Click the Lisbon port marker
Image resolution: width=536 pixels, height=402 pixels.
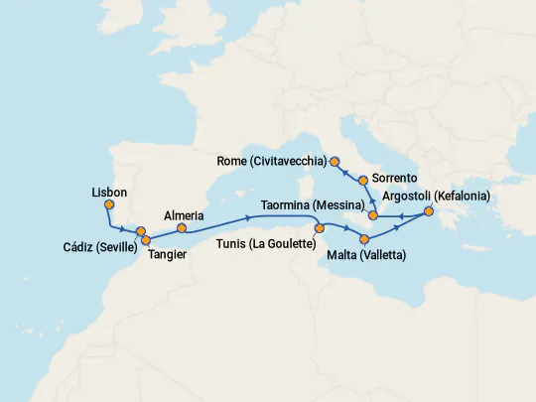click(x=109, y=204)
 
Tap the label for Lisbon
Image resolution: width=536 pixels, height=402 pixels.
click(x=108, y=192)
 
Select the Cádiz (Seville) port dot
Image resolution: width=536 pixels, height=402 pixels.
click(x=141, y=231)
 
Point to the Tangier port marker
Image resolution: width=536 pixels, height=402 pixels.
click(x=147, y=239)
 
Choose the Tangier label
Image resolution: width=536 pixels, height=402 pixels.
click(x=168, y=255)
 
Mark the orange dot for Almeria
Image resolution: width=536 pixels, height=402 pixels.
click(x=182, y=227)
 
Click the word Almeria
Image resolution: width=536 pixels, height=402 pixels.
click(x=184, y=214)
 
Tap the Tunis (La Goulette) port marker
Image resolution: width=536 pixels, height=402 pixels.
click(x=320, y=228)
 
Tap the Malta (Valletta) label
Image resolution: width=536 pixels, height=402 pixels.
click(x=366, y=256)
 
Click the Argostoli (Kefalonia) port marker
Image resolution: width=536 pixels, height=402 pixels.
click(x=429, y=211)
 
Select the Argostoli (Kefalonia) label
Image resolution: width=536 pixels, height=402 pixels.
click(x=435, y=197)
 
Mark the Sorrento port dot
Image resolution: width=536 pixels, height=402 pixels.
click(x=364, y=181)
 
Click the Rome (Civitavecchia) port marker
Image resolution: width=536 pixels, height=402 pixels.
click(x=335, y=161)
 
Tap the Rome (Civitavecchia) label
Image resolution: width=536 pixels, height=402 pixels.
click(x=272, y=160)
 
